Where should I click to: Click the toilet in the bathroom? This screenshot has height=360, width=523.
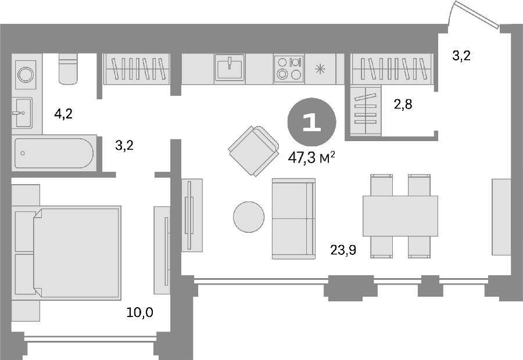coord(69,69)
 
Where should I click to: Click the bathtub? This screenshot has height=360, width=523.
coord(54,153)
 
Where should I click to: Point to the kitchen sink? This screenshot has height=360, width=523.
coord(230,68)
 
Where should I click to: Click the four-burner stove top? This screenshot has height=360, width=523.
coord(289,69)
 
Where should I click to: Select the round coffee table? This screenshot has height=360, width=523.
coord(249,217)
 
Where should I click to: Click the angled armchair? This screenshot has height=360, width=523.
coord(254,150)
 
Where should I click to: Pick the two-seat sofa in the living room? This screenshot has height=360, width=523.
coord(293,219)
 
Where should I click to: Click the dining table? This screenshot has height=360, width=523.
coord(400,216)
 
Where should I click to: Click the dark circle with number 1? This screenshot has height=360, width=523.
coord(312,123)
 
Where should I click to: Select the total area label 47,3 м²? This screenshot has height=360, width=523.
coord(311,158)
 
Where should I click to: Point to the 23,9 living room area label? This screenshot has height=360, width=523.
coord(343,249)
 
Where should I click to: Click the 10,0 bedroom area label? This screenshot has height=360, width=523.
coord(139,312)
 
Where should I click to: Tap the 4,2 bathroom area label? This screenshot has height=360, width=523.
coord(63,114)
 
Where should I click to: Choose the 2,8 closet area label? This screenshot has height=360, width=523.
coord(403,105)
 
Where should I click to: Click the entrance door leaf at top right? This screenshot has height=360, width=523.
coord(477,15)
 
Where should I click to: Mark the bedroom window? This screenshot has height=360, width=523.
coord(91,339)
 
